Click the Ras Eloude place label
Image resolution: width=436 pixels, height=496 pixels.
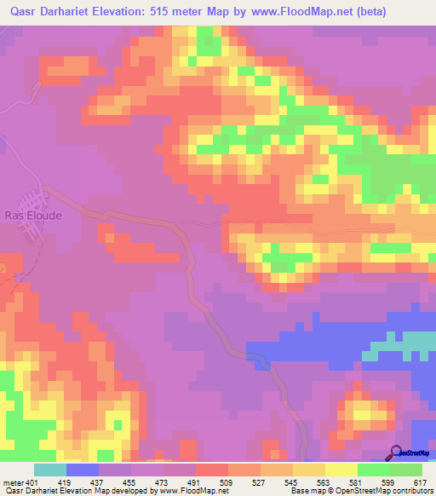pyautogui.click(x=32, y=216)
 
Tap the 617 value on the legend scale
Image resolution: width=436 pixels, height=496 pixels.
pyautogui.click(x=421, y=483)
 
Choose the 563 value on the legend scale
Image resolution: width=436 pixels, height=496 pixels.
pyautogui.click(x=324, y=483)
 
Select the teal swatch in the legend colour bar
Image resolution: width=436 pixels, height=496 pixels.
pyautogui.click(x=50, y=470)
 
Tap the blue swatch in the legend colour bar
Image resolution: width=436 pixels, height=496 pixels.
pyautogui.click(x=83, y=470)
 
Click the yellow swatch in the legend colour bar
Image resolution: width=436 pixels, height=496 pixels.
pyautogui.click(x=341, y=470)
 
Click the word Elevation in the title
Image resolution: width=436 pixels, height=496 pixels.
pyautogui.click(x=115, y=12)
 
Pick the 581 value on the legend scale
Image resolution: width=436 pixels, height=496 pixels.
pyautogui.click(x=357, y=483)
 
